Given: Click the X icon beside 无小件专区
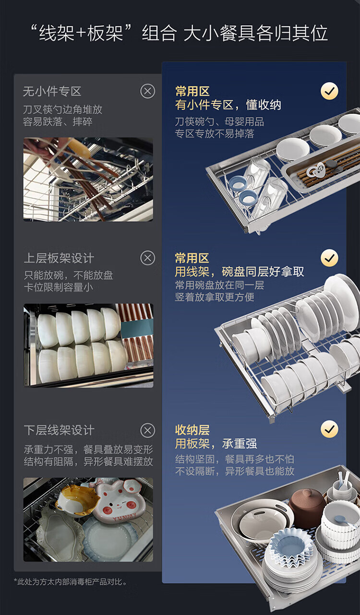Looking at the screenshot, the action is point(148,91).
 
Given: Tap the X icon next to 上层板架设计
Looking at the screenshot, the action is point(148,258).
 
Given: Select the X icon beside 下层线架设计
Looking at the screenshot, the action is point(148,430).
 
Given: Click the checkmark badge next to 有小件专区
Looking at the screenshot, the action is point(329,91).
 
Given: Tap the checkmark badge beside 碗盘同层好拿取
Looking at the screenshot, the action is point(329,258).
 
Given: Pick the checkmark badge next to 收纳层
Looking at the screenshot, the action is point(329,429).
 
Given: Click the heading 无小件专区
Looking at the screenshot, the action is point(52,91).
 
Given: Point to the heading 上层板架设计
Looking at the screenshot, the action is point(59,258).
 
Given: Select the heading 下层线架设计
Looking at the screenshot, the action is point(59,430).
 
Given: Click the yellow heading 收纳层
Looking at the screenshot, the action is point(192,430).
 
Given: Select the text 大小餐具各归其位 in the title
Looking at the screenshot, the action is point(256,34).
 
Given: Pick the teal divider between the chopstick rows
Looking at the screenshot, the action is point(137,328).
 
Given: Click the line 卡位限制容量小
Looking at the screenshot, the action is point(58,288).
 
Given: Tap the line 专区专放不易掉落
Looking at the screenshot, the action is point(215,134).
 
